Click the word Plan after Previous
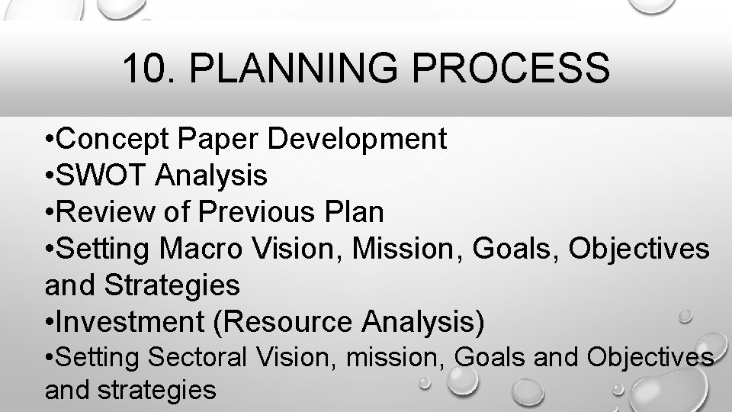(x=356, y=213)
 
